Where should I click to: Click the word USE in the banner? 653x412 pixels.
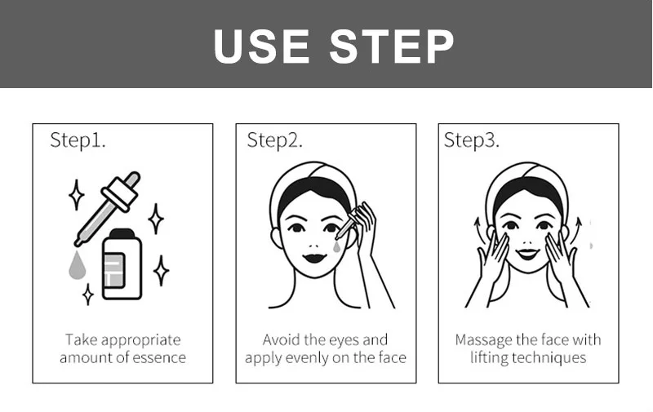coord(261,47)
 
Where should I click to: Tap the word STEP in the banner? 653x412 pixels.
coord(392,47)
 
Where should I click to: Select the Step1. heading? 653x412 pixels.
coord(78,140)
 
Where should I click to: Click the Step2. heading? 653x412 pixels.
coord(275,140)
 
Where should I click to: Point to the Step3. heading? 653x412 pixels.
coord(472,140)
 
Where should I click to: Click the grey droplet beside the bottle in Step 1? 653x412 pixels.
coord(77,265)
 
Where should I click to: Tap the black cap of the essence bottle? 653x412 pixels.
coord(122,233)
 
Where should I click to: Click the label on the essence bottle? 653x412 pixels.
coord(113,270)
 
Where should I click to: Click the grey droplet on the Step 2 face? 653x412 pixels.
coord(336,247)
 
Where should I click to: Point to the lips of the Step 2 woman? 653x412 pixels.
coord(314,258)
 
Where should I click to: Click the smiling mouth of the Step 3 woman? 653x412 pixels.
coord(527,254)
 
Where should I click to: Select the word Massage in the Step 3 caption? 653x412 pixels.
coord(483,341)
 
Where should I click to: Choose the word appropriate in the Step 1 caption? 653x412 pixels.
coord(140,341)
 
